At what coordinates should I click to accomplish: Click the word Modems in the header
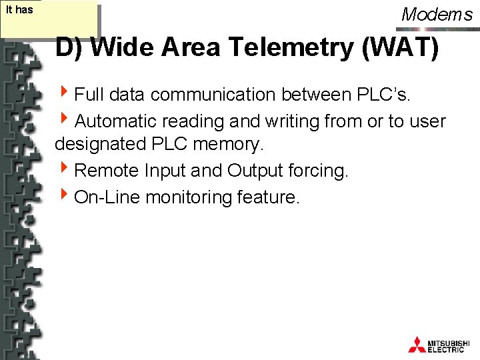click(x=437, y=14)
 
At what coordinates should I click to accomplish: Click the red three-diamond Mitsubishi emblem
click(x=417, y=344)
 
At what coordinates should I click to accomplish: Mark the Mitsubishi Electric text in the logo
click(x=451, y=345)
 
